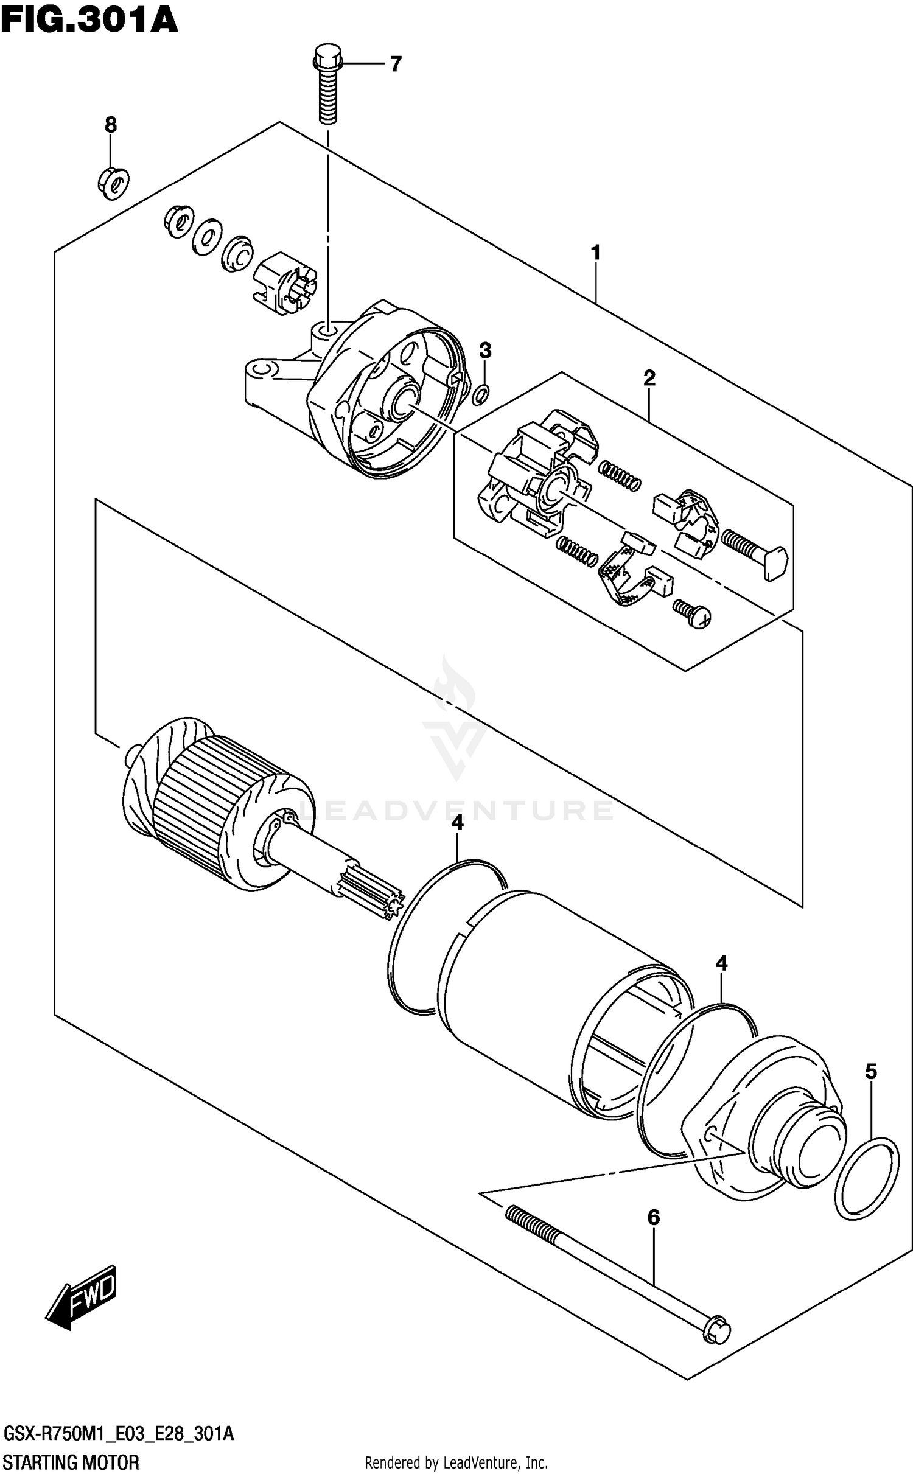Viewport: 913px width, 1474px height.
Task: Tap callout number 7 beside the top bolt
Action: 396,63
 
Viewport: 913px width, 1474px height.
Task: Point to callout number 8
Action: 110,125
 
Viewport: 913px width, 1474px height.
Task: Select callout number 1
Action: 595,252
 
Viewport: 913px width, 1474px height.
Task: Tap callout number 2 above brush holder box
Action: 649,378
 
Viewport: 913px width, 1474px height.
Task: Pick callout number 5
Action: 871,1071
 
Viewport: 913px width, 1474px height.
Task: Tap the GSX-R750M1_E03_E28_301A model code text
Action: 118,1433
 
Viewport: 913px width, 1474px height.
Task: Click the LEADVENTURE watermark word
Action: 456,811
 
